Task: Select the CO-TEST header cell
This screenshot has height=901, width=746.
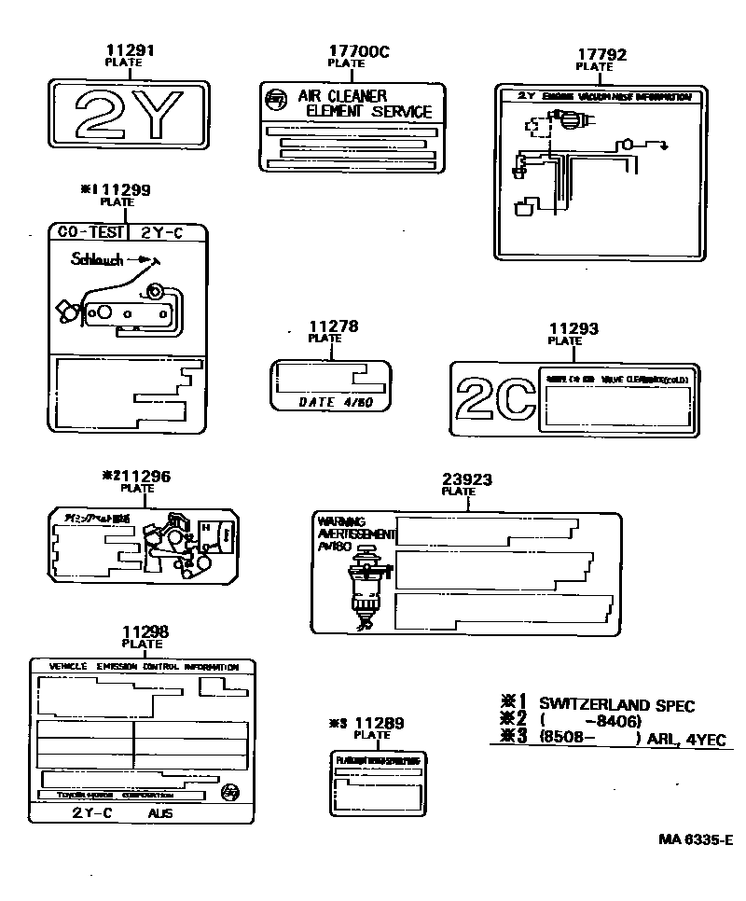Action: pos(88,233)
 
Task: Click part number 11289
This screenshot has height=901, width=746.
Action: pos(380,723)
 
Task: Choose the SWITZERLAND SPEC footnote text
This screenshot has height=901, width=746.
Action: pos(616,705)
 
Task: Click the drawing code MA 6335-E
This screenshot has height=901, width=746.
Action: pos(695,839)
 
